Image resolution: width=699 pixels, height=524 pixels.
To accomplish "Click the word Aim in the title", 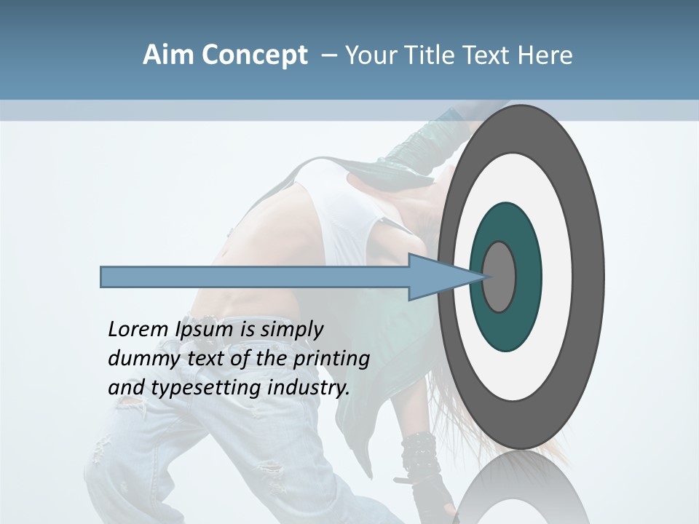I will tap(167, 55).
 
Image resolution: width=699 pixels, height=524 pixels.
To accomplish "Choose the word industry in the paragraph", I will tap(308, 388).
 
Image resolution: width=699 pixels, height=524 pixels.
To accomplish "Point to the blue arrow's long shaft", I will tap(255, 277).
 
